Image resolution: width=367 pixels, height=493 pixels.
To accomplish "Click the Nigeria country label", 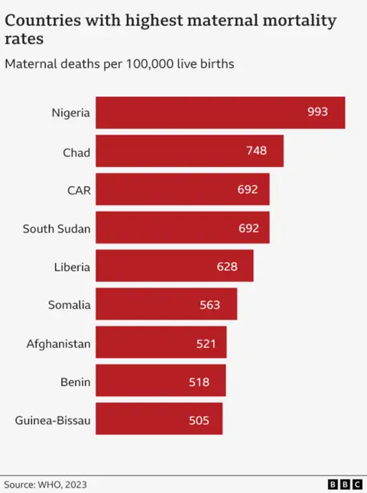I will pyautogui.click(x=70, y=113).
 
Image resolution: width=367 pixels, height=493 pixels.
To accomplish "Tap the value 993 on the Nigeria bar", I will pyautogui.click(x=317, y=112).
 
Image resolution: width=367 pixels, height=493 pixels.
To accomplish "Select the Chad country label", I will pyautogui.click(x=76, y=152).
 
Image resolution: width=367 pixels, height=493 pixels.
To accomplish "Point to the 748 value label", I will pyautogui.click(x=256, y=150).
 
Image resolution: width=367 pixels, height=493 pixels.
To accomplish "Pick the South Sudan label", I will pyautogui.click(x=57, y=228).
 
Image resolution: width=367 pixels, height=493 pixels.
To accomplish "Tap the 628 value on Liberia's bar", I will pyautogui.click(x=227, y=266).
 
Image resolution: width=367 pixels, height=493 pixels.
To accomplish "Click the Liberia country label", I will pyautogui.click(x=72, y=267).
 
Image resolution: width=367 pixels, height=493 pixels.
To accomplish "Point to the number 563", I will pyautogui.click(x=209, y=304).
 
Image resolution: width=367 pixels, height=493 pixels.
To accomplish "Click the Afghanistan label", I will pyautogui.click(x=58, y=343).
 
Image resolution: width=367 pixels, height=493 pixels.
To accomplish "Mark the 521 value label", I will pyautogui.click(x=206, y=343).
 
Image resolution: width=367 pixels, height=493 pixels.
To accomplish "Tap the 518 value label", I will pyautogui.click(x=199, y=381).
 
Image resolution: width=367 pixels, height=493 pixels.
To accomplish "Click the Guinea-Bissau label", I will pyautogui.click(x=53, y=420).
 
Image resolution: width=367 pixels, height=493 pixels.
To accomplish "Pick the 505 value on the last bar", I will pyautogui.click(x=199, y=420).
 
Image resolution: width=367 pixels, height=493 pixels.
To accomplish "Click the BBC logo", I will pyautogui.click(x=344, y=484).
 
